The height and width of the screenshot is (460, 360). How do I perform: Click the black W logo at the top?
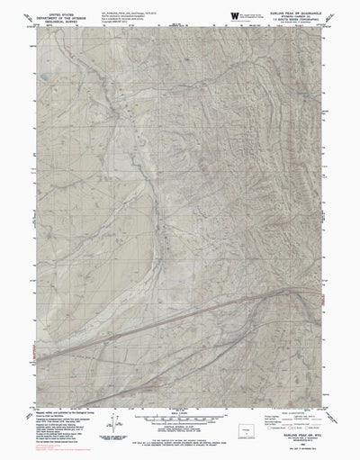[236, 15]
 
